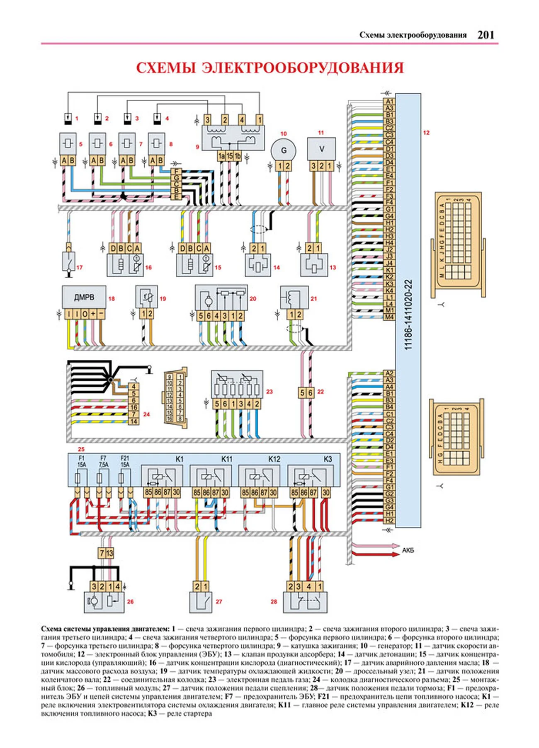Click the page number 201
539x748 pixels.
tap(486, 35)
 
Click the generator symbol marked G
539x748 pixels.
tap(284, 150)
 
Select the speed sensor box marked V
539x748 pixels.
tap(321, 149)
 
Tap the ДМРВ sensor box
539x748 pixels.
tap(84, 297)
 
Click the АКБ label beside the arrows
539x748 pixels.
tap(408, 550)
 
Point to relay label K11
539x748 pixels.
tap(227, 459)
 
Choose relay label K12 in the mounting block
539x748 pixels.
tap(274, 459)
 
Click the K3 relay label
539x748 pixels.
tap(328, 459)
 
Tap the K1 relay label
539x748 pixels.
tap(179, 459)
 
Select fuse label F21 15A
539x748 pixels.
tap(125, 462)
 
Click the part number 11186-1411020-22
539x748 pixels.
tap(408, 315)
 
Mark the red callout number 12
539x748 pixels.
tap(426, 133)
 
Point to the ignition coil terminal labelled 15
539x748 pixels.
tap(230, 156)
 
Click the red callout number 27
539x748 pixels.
tap(219, 601)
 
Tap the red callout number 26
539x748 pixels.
tap(130, 601)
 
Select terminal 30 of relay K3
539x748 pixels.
tap(326, 493)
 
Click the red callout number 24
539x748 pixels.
tap(146, 414)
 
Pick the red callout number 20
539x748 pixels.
tap(253, 298)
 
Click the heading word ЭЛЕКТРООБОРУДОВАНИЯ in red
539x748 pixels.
tap(303, 68)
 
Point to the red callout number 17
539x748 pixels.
tap(79, 267)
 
